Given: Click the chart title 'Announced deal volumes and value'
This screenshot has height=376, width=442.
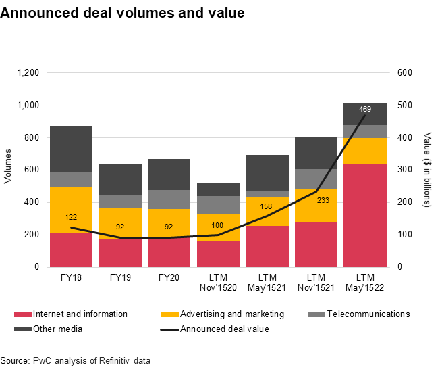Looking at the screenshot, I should click(x=122, y=13).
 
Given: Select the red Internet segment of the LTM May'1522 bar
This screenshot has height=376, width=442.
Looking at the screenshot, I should click(x=364, y=215).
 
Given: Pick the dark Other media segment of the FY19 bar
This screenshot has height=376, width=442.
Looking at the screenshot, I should click(x=120, y=179).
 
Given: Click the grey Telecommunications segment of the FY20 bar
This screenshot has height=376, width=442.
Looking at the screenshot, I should click(x=169, y=199).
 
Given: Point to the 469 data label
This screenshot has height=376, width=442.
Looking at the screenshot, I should click(x=365, y=109).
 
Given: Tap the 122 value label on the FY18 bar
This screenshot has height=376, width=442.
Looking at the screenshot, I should click(x=71, y=218).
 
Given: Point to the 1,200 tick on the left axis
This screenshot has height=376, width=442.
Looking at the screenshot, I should click(x=28, y=73).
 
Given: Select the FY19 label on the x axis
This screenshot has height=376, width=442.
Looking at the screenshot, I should click(x=120, y=278).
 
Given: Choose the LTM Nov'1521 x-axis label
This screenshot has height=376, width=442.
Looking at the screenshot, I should click(x=316, y=283).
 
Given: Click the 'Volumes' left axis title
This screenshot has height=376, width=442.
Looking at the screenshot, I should click(x=9, y=169).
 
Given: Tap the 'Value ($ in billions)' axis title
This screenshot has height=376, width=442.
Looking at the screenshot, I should click(x=426, y=169).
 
